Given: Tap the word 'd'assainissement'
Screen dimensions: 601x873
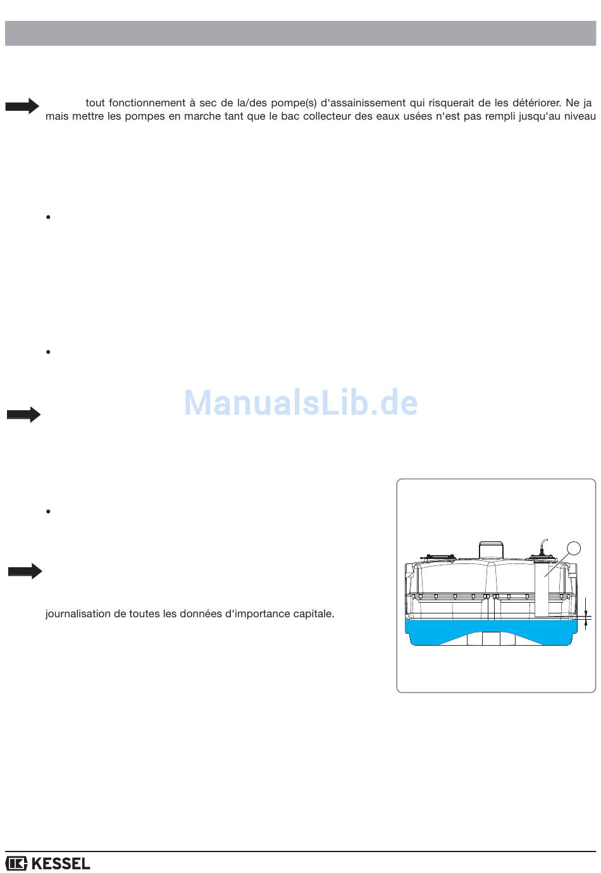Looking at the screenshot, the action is (x=364, y=103).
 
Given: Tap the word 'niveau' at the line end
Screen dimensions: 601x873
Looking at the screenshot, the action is (x=579, y=116).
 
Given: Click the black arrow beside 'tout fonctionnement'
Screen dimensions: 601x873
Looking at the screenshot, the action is (x=22, y=106).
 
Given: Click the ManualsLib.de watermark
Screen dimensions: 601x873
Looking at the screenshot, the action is (x=300, y=403).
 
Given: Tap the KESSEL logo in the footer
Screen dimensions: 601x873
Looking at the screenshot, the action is (x=48, y=863).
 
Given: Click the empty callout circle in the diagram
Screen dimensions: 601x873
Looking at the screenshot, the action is (x=573, y=549).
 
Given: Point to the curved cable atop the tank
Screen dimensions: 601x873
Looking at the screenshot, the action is (x=542, y=545).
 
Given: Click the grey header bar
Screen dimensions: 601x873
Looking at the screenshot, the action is (x=300, y=33).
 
